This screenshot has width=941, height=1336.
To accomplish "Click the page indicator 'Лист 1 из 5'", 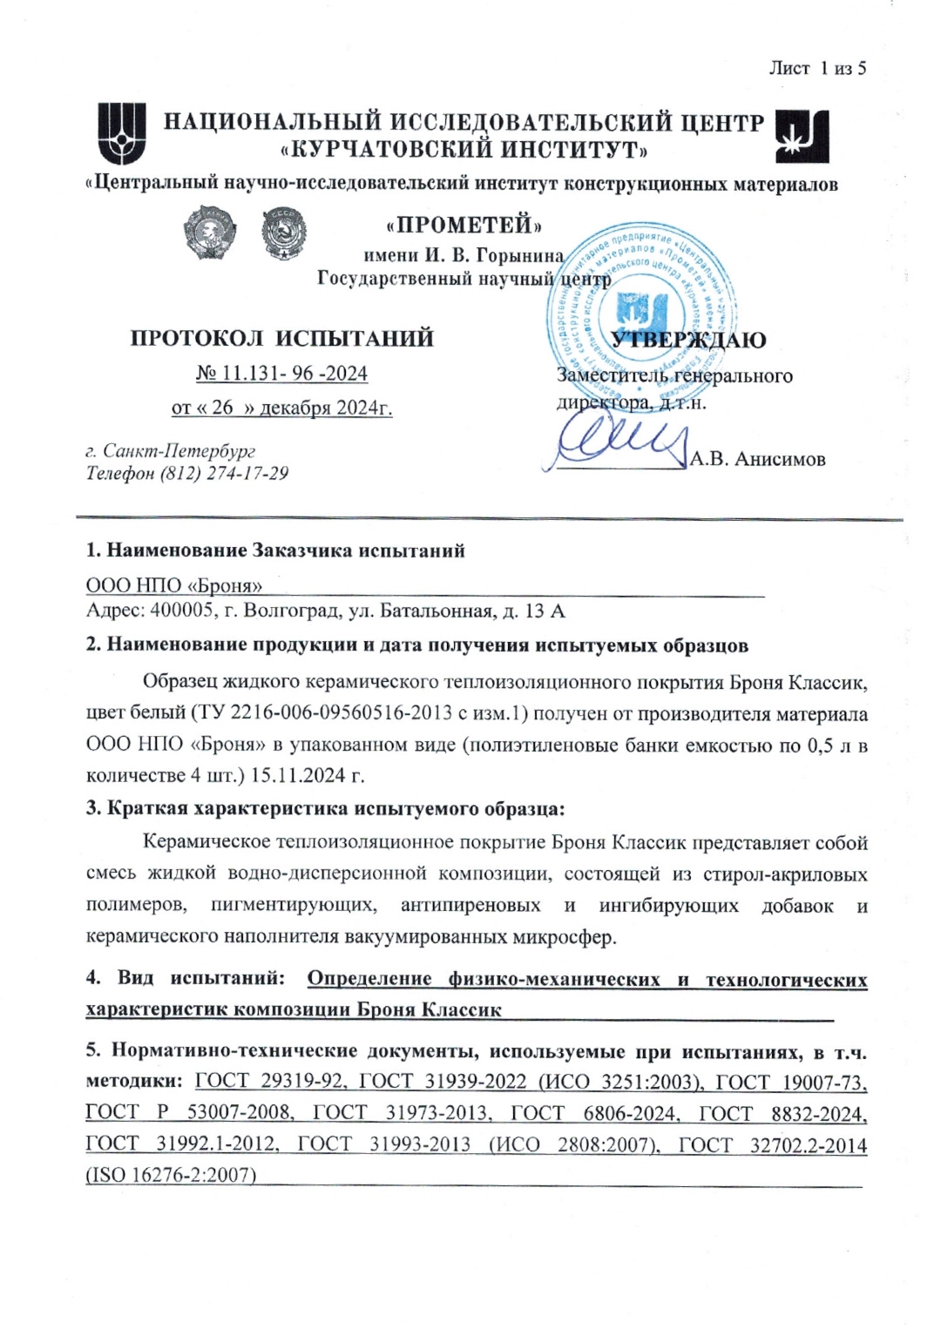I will pyautogui.click(x=816, y=68).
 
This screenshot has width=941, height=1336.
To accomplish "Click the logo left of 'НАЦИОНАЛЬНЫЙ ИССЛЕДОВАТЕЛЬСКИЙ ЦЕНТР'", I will pyautogui.click(x=121, y=133).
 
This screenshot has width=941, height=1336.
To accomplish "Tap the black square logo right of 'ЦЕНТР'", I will pyautogui.click(x=802, y=136).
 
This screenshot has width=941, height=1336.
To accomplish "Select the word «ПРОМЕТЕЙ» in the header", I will pyautogui.click(x=464, y=226).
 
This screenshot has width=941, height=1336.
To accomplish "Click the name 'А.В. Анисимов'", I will pyautogui.click(x=757, y=459).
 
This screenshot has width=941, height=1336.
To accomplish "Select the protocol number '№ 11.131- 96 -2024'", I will pyautogui.click(x=281, y=374).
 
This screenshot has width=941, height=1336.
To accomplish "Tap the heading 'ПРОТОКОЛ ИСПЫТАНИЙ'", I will pyautogui.click(x=281, y=338).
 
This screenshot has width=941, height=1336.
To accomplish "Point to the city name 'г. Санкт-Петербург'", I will pyautogui.click(x=171, y=451).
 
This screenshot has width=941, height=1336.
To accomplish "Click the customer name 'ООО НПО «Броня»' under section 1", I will pyautogui.click(x=173, y=585).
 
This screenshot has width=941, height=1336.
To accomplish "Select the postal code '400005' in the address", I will pyautogui.click(x=182, y=611).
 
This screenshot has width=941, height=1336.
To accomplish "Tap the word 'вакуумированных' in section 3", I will pyautogui.click(x=417, y=937).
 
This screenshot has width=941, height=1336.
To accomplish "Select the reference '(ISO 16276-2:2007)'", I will pyautogui.click(x=171, y=1176).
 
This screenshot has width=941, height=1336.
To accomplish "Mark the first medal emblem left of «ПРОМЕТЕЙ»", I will pyautogui.click(x=206, y=232).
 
